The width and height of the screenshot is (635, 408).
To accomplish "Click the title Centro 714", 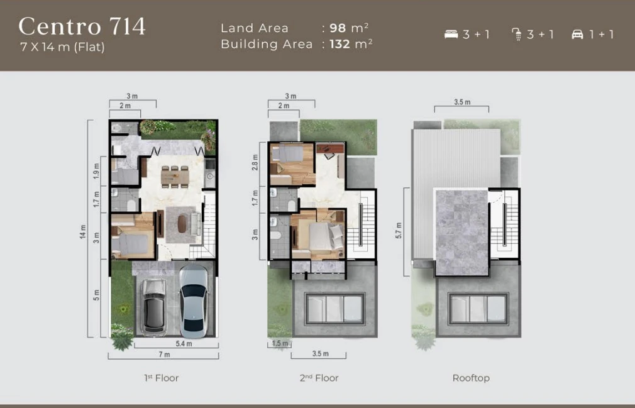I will tap(82, 26).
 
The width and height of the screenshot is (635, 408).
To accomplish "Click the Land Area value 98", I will tap(337, 28).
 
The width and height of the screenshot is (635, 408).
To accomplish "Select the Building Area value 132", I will tap(340, 44).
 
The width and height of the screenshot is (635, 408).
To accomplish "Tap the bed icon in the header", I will tap(451, 35).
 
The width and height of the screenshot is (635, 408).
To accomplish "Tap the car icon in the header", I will tap(577, 35).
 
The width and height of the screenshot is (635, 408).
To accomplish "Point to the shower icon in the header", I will tap(517, 35).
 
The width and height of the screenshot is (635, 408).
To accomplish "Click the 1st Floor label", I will tap(162, 378).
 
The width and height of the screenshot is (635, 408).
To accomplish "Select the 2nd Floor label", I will tap(319, 378).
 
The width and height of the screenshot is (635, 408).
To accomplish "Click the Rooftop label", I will tap(471, 378).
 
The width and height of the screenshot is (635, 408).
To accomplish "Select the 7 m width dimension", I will tap(163, 355).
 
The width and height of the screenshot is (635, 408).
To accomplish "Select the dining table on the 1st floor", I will tap(174, 176).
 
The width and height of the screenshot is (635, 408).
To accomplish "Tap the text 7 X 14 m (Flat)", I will tap(62, 47).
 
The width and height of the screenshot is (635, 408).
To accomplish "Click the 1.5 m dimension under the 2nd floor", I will tap(280, 344).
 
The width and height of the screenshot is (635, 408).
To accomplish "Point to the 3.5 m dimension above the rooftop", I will tap(462, 102).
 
